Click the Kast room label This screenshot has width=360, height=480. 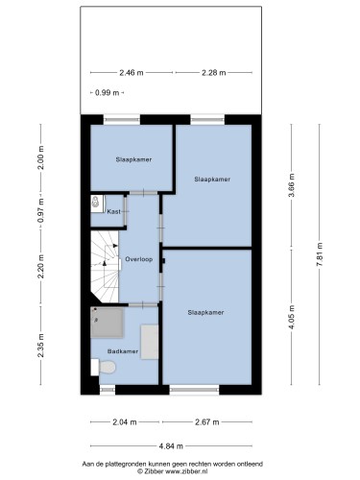[114, 211]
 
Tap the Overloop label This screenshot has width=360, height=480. [139, 259]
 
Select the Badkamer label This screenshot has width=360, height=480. [123, 351]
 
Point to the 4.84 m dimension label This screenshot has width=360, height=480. [171, 446]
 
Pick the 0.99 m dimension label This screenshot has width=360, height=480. [108, 93]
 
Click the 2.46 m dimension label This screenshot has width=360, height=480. [132, 73]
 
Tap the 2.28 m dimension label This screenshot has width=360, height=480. [214, 73]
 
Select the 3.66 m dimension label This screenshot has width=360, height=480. [292, 186]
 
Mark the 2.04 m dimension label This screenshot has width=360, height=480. [125, 422]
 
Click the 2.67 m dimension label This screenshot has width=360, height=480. [207, 422]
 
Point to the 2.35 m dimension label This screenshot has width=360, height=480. [41, 346]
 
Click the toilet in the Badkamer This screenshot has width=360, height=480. [103, 367]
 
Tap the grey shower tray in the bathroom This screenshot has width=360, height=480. [107, 323]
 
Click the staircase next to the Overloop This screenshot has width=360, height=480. [105, 267]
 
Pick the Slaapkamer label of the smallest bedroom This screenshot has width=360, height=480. [133, 159]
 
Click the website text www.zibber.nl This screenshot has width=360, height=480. [186, 471]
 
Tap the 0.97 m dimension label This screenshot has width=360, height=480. [41, 211]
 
